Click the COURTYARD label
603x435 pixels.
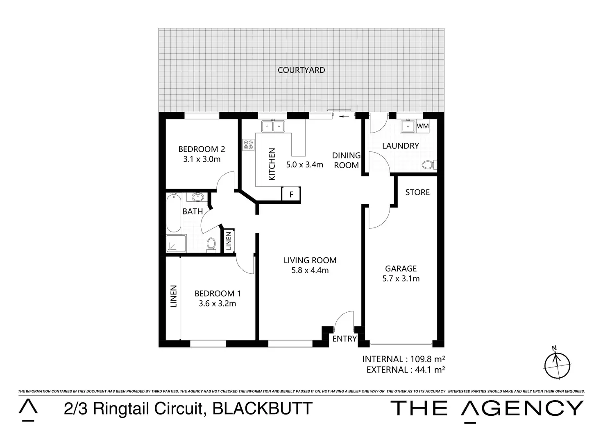[301, 70]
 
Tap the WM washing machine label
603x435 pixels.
[423, 126]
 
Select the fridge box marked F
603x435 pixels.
[291, 194]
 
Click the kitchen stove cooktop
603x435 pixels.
[249, 144]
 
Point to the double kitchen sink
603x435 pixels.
[273, 126]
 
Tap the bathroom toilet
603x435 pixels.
[211, 245]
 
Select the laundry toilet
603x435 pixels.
[428, 165]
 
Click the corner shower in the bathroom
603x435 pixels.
[176, 243]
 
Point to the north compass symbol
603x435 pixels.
[557, 364]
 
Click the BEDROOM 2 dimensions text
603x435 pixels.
[202, 159]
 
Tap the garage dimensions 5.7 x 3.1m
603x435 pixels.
[401, 279]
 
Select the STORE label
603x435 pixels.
[417, 192]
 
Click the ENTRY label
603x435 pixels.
[345, 339]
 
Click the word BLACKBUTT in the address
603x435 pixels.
[263, 408]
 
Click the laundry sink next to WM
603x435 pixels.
[408, 126]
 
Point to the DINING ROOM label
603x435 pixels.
[346, 160]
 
